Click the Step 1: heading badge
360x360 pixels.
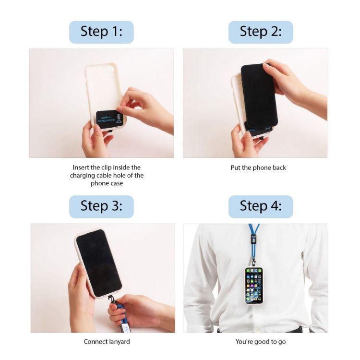point(101,32)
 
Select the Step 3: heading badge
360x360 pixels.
point(101,206)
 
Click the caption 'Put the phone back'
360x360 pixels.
point(258,168)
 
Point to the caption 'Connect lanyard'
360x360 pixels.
point(107,342)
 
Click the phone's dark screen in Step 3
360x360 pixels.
point(98,262)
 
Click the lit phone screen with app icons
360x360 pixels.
point(254,285)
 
